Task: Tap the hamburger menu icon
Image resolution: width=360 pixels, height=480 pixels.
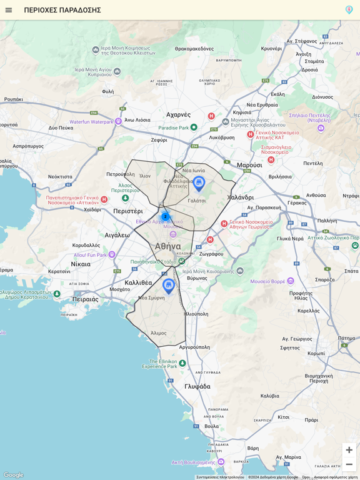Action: (x=9, y=10)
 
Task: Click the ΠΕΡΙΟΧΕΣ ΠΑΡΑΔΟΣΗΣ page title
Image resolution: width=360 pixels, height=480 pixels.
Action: (x=62, y=10)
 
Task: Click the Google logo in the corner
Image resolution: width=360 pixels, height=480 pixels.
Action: (x=13, y=475)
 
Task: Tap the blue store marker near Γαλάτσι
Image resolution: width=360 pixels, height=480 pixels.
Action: (x=199, y=183)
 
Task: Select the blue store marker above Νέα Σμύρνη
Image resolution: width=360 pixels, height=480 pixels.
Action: (x=168, y=286)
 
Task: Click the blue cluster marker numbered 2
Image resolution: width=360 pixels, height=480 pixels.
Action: (x=165, y=216)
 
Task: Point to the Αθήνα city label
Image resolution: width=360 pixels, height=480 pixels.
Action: (x=167, y=246)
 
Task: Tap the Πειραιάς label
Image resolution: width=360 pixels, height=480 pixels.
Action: (x=86, y=299)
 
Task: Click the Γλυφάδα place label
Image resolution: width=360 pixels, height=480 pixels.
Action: (x=197, y=386)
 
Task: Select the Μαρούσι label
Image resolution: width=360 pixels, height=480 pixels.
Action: (x=249, y=165)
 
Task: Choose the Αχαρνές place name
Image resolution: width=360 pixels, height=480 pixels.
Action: (x=178, y=114)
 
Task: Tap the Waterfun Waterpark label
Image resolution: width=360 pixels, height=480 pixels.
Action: (x=91, y=122)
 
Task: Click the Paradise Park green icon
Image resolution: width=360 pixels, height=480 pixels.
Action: (x=194, y=127)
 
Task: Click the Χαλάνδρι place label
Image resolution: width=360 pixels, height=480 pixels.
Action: (x=240, y=197)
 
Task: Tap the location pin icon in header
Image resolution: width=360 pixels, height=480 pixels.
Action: (x=349, y=10)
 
